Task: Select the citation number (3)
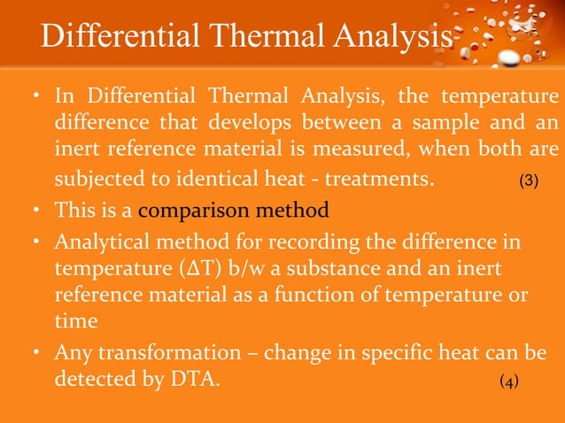[x=529, y=182]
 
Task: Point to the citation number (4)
[x=509, y=381]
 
